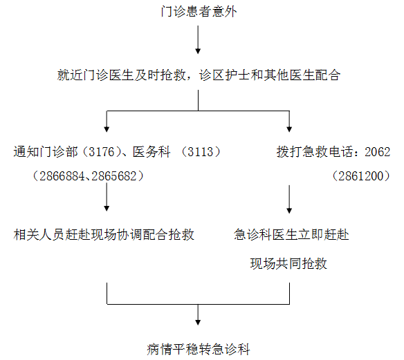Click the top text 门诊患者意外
coord(199,12)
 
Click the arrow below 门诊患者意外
coord(198,39)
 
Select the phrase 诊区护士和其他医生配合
coord(270,75)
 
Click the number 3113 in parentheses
coord(201,152)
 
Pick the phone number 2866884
coord(62,176)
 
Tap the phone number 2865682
coord(114,176)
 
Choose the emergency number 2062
coord(378,152)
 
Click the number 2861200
coord(361,176)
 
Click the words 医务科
coord(151,152)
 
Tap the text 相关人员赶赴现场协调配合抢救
coord(104,235)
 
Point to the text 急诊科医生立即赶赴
coord(291,235)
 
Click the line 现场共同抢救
coord(288,264)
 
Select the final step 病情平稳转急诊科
coord(199,349)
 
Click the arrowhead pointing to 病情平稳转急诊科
coord(198,323)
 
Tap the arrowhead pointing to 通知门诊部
coord(107,129)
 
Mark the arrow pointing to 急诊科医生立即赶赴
coord(289,199)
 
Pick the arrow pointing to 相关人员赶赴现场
coord(107,197)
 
